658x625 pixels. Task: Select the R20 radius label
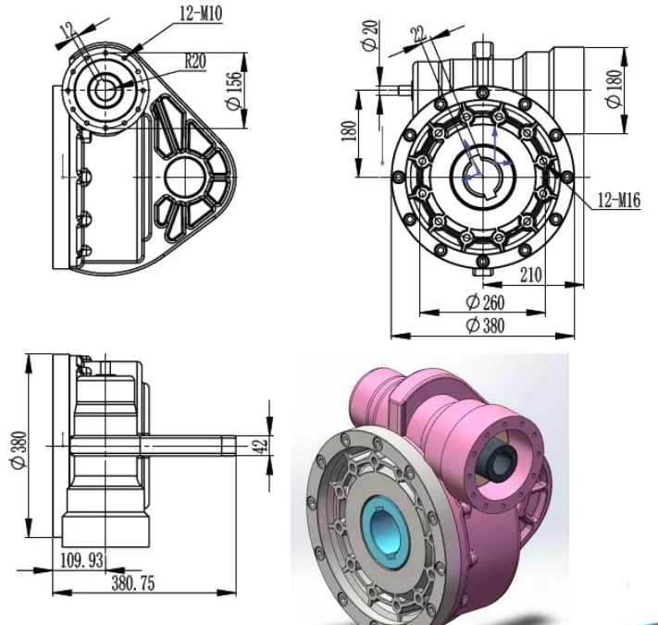[x=195, y=62]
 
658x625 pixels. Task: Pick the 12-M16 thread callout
[x=602, y=199]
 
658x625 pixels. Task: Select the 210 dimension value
[x=530, y=276]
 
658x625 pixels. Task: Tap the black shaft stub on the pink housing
[x=501, y=456]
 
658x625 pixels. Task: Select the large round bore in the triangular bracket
[x=190, y=175]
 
